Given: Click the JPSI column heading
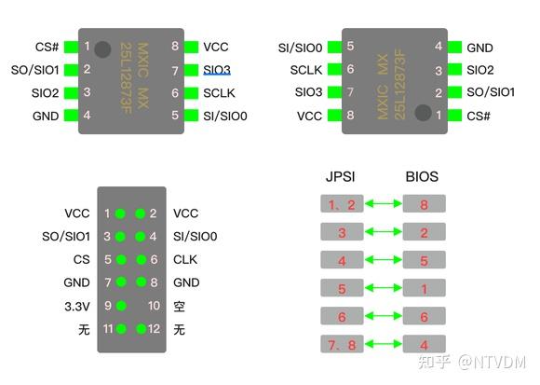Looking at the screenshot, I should pyautogui.click(x=342, y=176).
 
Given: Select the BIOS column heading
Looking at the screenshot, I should pyautogui.click(x=422, y=176).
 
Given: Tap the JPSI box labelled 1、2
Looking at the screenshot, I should pyautogui.click(x=342, y=203).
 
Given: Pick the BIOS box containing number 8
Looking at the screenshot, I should pyautogui.click(x=424, y=203).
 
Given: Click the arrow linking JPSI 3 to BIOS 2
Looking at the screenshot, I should pyautogui.click(x=383, y=232).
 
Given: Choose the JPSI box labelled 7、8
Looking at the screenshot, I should pyautogui.click(x=342, y=343).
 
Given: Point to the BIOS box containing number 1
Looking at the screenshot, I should pyautogui.click(x=424, y=289).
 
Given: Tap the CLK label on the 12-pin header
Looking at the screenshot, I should pyautogui.click(x=185, y=260).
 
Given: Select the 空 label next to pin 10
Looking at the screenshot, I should pyautogui.click(x=180, y=305).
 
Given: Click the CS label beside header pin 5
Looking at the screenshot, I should pyautogui.click(x=82, y=260).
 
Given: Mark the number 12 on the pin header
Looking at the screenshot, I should pyautogui.click(x=155, y=328).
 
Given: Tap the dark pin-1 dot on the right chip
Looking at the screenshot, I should pyautogui.click(x=424, y=113).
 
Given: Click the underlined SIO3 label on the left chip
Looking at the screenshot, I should pyautogui.click(x=217, y=70).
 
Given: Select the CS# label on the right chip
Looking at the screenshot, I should pyautogui.click(x=479, y=116).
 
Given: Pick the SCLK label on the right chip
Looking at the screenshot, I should pyautogui.click(x=306, y=70).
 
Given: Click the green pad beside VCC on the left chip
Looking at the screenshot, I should pyautogui.click(x=192, y=47).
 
